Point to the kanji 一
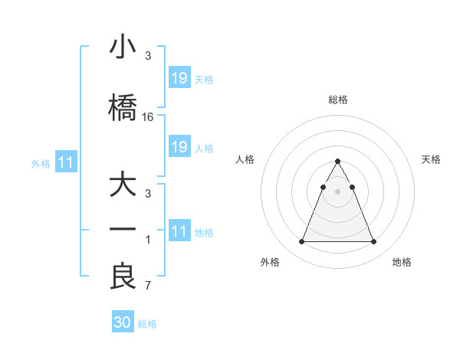123,230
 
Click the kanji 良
123,277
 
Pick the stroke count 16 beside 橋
148,117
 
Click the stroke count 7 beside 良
148,286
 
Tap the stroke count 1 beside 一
148,241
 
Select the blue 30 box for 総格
123,322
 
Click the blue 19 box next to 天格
179,77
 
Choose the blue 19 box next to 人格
179,147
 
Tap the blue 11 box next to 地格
179,231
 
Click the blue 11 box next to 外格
65,162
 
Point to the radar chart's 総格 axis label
338,100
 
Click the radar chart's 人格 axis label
245,159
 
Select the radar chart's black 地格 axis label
402,262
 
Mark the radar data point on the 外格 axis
301,242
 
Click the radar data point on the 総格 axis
337,162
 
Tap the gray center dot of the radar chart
337,191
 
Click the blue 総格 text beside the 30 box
147,324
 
